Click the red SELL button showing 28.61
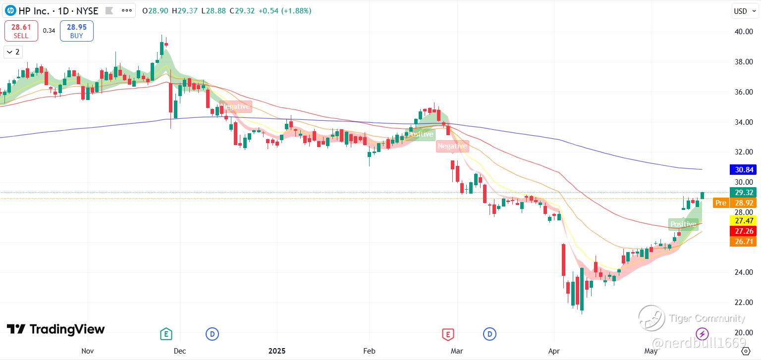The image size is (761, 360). click(x=21, y=31)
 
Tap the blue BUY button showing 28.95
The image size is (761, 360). click(x=77, y=31)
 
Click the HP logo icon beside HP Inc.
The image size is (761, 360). click(x=10, y=11)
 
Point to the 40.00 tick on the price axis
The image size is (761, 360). click(x=744, y=32)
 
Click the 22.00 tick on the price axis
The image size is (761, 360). click(x=744, y=302)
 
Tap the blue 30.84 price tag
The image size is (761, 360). click(x=743, y=169)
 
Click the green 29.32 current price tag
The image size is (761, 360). click(x=743, y=193)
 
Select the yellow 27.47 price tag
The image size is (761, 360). click(x=743, y=221)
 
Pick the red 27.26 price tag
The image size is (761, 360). click(x=743, y=231)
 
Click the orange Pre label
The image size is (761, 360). click(x=721, y=203)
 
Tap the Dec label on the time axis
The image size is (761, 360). click(x=180, y=351)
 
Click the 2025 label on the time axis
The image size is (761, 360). click(x=277, y=351)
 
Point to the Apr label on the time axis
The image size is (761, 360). click(x=554, y=351)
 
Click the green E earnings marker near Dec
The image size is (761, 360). click(x=166, y=334)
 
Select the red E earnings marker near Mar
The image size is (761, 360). click(x=448, y=334)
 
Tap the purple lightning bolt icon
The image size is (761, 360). click(x=702, y=334)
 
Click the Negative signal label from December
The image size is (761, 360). click(x=235, y=106)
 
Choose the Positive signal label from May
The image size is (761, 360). click(x=683, y=224)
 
